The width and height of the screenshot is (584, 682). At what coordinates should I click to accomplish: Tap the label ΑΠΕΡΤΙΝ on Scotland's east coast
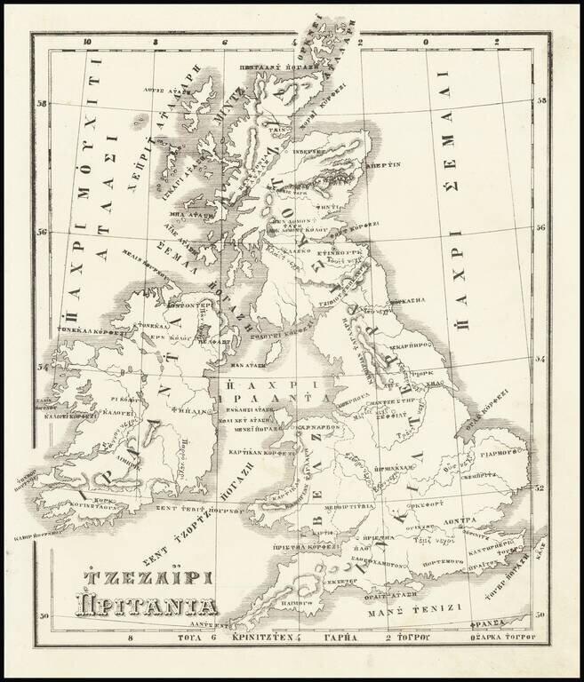[385, 164]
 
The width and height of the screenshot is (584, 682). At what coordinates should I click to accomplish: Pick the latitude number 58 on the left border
[41, 104]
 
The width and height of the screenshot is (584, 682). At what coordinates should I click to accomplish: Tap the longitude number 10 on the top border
[86, 42]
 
